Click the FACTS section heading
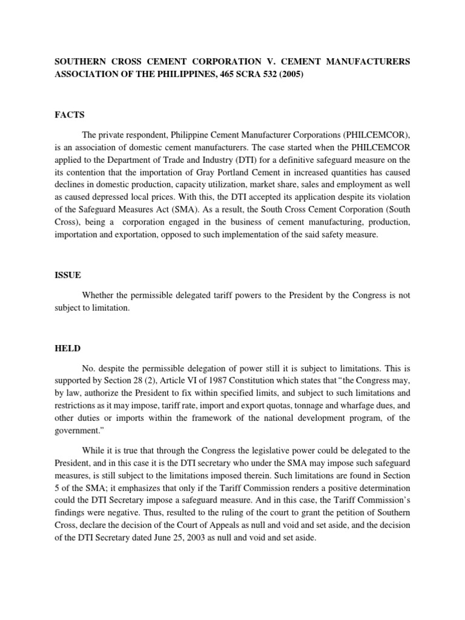click(x=70, y=114)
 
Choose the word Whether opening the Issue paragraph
click(x=100, y=295)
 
